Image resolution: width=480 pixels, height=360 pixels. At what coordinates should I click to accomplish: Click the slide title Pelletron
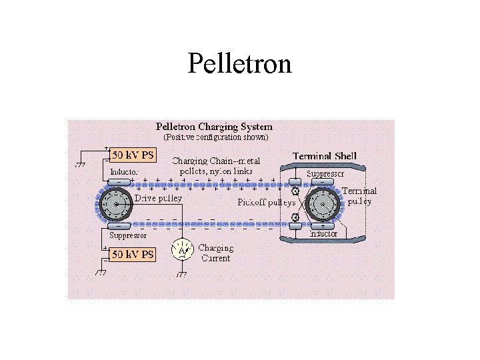240,64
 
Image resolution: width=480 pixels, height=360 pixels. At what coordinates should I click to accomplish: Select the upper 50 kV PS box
132,155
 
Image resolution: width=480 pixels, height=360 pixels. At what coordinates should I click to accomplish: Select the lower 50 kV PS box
132,255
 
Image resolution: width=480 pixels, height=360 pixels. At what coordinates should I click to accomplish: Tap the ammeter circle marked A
183,250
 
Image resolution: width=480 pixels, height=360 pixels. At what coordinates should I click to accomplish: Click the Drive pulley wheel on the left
117,203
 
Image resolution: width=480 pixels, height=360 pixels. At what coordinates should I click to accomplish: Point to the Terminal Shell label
325,156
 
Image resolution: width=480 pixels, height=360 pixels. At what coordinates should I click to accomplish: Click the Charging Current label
215,253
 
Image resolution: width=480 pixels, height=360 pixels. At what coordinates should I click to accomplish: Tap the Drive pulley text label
158,198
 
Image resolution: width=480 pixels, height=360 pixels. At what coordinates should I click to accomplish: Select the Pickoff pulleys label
267,202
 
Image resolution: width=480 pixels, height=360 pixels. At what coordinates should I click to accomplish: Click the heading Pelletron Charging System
214,126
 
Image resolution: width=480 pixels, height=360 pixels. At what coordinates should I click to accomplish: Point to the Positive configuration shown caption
216,137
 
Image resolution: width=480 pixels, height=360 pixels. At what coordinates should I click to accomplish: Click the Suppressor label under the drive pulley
128,235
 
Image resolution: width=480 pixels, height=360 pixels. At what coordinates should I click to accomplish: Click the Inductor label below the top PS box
124,171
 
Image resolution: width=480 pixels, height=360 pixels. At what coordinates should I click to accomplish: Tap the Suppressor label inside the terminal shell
325,173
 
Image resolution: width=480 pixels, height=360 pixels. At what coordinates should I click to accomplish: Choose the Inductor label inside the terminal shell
324,234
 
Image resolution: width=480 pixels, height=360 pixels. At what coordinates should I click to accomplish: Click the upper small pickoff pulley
295,192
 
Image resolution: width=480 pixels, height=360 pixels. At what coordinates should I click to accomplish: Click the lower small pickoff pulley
295,215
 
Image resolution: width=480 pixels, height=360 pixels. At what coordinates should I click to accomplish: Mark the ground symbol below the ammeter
183,273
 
